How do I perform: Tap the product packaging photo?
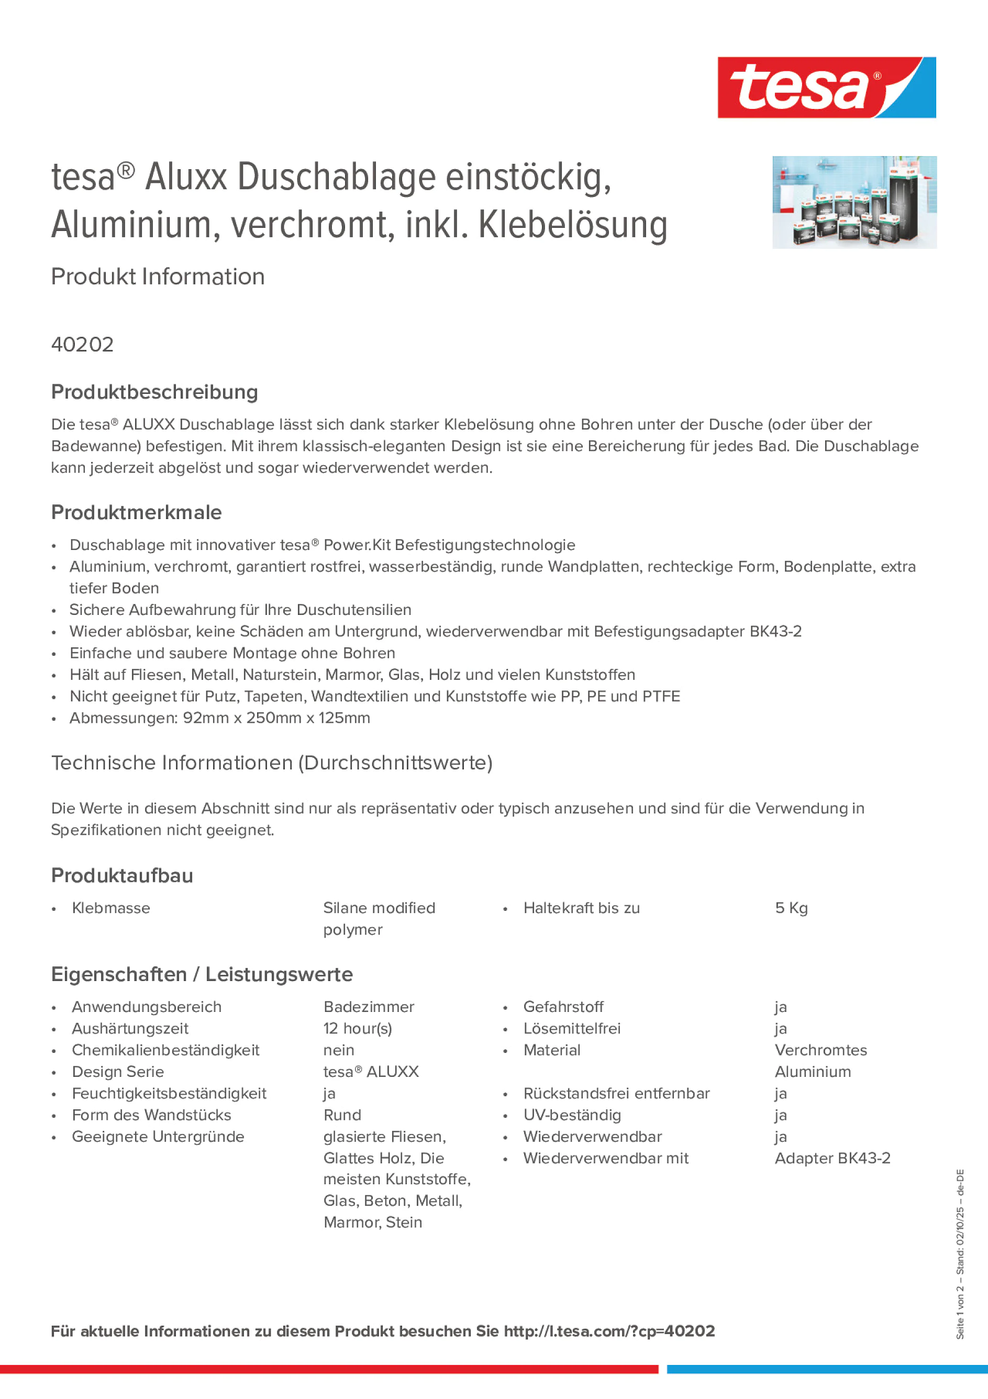tap(854, 202)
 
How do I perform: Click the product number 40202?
tap(82, 344)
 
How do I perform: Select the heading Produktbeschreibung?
tap(154, 392)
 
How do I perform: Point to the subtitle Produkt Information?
tap(158, 277)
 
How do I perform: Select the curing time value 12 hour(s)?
tap(358, 1029)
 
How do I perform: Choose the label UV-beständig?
tap(572, 1115)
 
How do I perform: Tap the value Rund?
tap(342, 1115)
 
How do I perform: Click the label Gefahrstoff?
tap(563, 1007)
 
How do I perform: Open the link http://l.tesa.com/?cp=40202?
tap(609, 1331)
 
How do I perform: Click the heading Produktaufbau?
tap(122, 876)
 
